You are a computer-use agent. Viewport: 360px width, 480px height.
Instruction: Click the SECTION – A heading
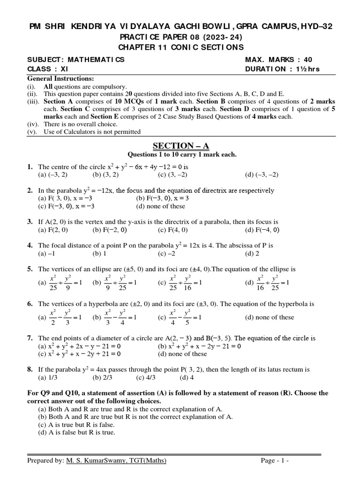click(x=180, y=146)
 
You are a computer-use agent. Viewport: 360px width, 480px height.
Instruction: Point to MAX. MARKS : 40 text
click(x=278, y=60)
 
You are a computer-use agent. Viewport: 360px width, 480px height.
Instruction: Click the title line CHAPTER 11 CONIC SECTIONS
click(x=180, y=47)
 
